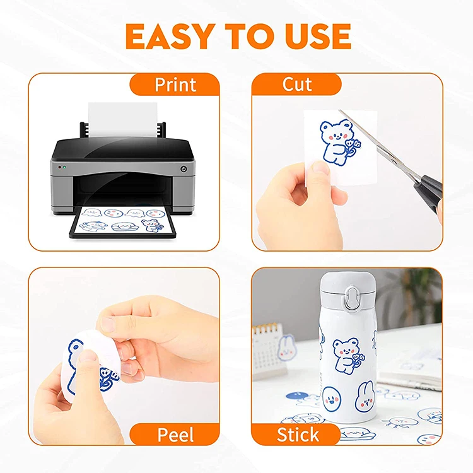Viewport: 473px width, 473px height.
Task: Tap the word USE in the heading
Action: point(313,36)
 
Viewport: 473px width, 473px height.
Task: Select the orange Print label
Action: point(175,85)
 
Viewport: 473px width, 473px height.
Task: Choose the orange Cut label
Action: point(296,84)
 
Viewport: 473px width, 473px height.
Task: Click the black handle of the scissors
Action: point(431,189)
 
